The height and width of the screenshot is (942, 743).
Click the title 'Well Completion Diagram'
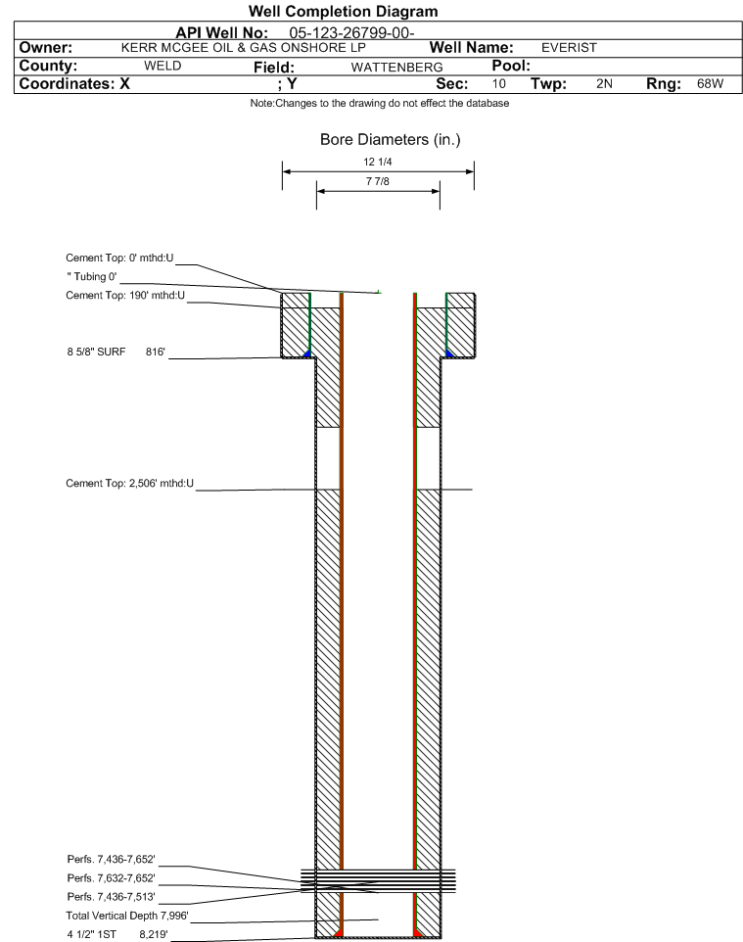tap(343, 12)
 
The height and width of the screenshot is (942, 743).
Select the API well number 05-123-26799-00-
tap(351, 33)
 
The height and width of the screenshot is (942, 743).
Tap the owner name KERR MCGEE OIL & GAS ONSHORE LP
tap(244, 47)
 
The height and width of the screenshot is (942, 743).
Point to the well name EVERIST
tap(569, 47)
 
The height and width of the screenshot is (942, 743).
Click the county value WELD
tap(163, 66)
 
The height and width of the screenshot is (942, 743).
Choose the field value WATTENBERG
tap(397, 67)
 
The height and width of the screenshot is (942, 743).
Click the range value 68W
tap(710, 83)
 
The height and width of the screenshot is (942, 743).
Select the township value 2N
tap(604, 83)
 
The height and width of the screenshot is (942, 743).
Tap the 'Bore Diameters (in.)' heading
tap(390, 139)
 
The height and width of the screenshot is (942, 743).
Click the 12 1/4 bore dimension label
tap(378, 162)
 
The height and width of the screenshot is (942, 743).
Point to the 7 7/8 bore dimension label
tap(378, 181)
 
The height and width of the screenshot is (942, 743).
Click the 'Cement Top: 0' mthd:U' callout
tap(119, 258)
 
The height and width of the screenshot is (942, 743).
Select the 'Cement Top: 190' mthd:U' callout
tap(125, 295)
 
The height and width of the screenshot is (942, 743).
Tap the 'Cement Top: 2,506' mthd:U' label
tap(130, 483)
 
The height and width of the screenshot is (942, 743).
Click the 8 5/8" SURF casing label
tap(96, 352)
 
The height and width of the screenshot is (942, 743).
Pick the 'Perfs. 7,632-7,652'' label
tap(112, 877)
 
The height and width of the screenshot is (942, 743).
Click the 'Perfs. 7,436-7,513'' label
tap(112, 896)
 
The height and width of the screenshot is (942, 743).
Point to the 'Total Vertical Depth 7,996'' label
tap(127, 916)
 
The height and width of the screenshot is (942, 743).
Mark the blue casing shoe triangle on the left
tap(307, 353)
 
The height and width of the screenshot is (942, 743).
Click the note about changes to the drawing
tap(380, 104)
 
